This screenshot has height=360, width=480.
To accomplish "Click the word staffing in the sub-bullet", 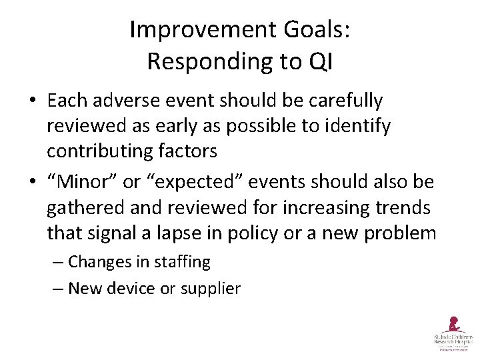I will click(x=181, y=263).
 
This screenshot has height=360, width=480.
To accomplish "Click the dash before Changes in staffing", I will click(x=58, y=263).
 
